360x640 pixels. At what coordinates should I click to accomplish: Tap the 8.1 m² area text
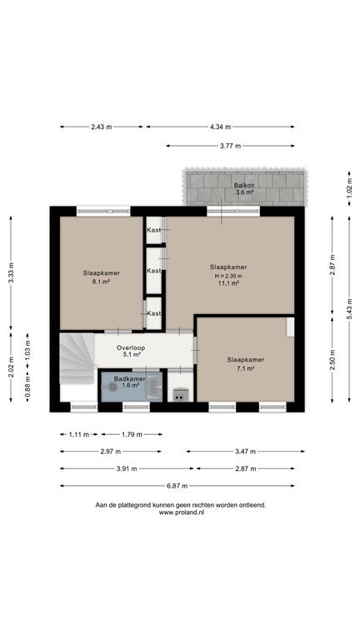coord(101,281)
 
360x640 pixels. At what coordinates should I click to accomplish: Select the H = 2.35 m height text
coord(228,276)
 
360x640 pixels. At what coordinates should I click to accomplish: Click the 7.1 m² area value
coord(245,368)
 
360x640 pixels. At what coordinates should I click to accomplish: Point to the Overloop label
coord(131,347)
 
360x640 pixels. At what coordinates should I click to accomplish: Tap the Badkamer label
coord(129,379)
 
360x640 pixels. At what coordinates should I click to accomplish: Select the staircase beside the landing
coord(77,358)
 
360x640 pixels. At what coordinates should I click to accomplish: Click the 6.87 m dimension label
coord(177,486)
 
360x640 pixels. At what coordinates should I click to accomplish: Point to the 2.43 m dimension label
coord(101,127)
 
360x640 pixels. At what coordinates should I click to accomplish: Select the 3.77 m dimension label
coord(230,145)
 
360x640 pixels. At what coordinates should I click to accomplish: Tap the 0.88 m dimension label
coord(27,387)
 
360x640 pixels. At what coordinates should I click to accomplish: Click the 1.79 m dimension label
coord(132,434)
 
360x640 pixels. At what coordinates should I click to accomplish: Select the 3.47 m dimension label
coord(245,452)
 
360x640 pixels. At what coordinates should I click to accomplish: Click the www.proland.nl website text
coord(181,512)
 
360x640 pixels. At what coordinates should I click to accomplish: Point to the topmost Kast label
coord(153,230)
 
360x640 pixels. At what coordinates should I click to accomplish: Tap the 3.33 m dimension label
coord(11,272)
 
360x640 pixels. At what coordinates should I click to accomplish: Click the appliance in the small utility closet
coord(180,395)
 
